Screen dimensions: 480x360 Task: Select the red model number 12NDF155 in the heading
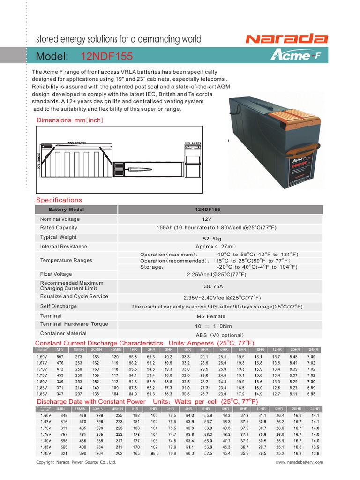pos(107,57)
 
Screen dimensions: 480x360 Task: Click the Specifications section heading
pos(59,200)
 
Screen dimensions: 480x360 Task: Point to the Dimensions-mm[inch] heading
pos(70,120)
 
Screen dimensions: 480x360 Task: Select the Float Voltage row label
pos(56,274)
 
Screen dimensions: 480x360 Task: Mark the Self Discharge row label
pos(58,306)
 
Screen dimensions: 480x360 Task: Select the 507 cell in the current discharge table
pos(59,357)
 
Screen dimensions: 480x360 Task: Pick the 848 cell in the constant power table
pos(59,415)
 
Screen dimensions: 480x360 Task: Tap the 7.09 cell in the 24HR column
pos(311,357)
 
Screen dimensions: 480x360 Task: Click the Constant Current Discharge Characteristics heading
pos(99,343)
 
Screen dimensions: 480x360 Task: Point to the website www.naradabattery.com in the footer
pos(299,462)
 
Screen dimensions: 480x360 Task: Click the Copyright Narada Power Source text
pos(76,462)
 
